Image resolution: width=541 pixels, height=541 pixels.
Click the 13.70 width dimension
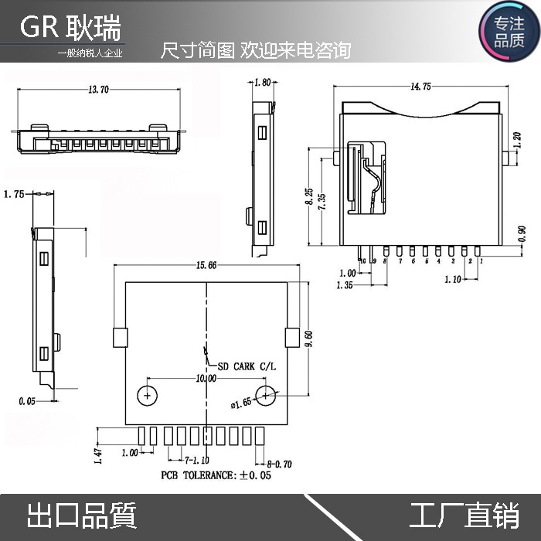pyautogui.click(x=99, y=90)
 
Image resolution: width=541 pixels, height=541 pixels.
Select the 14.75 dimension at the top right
pyautogui.click(x=421, y=87)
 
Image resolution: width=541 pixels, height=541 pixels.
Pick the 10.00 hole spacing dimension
pyautogui.click(x=206, y=379)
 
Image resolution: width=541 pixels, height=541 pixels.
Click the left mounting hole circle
pyautogui.click(x=147, y=396)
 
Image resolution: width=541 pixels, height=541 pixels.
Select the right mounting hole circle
pyautogui.click(x=267, y=396)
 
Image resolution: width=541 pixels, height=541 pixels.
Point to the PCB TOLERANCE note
pyautogui.click(x=216, y=475)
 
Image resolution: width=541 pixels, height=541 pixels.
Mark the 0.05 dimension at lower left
pyautogui.click(x=27, y=401)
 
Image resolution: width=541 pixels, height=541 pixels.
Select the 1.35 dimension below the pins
pyautogui.click(x=345, y=286)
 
